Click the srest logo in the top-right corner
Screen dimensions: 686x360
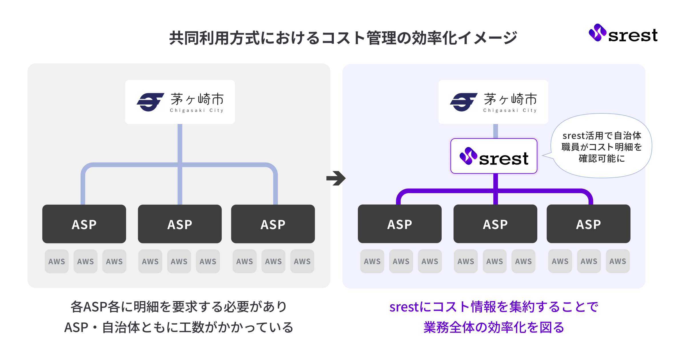[x=623, y=33]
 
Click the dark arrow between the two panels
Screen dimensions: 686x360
[x=336, y=178]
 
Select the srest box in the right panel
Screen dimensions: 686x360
[x=494, y=156]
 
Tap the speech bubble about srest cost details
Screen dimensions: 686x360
[x=601, y=146]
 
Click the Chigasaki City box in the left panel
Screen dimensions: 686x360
[x=180, y=102]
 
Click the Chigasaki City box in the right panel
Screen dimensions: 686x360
[x=493, y=102]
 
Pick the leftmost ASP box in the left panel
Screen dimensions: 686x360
[x=84, y=224]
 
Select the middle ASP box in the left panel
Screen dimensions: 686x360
[x=180, y=224]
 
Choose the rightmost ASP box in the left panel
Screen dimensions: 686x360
[x=273, y=224]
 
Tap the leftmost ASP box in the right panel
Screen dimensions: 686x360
[x=400, y=224]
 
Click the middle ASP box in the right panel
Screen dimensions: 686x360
[x=495, y=224]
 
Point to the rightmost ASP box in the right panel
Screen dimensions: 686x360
[x=589, y=224]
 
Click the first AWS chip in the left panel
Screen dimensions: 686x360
[x=57, y=261]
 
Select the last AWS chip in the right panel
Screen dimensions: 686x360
[x=618, y=261]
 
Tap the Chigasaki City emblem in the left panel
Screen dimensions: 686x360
[x=150, y=102]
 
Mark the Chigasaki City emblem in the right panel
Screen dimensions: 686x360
[x=464, y=102]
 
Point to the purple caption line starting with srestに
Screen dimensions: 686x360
[x=494, y=307]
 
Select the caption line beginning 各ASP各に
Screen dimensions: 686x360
[x=179, y=307]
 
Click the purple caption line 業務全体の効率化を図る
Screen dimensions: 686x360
[x=494, y=327]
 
